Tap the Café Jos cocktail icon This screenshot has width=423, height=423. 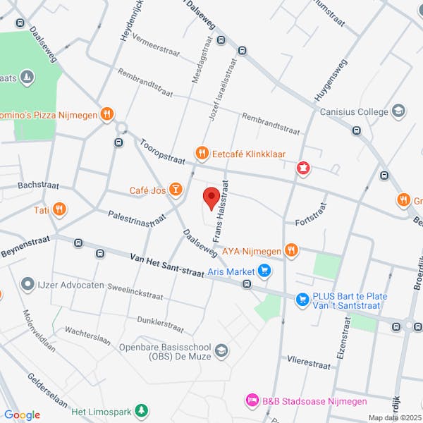(175, 190)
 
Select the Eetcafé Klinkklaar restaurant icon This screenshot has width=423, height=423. (202, 152)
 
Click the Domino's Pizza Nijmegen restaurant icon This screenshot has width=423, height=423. (106, 113)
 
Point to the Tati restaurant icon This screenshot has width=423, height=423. (59, 209)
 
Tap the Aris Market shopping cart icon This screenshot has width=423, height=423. (264, 270)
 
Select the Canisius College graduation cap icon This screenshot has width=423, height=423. (398, 111)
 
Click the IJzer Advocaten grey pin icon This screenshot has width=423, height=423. (27, 285)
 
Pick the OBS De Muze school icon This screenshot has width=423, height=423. (221, 351)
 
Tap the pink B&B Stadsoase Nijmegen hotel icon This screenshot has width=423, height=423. (252, 400)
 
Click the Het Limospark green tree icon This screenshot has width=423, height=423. (142, 410)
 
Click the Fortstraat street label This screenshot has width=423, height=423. (311, 214)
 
